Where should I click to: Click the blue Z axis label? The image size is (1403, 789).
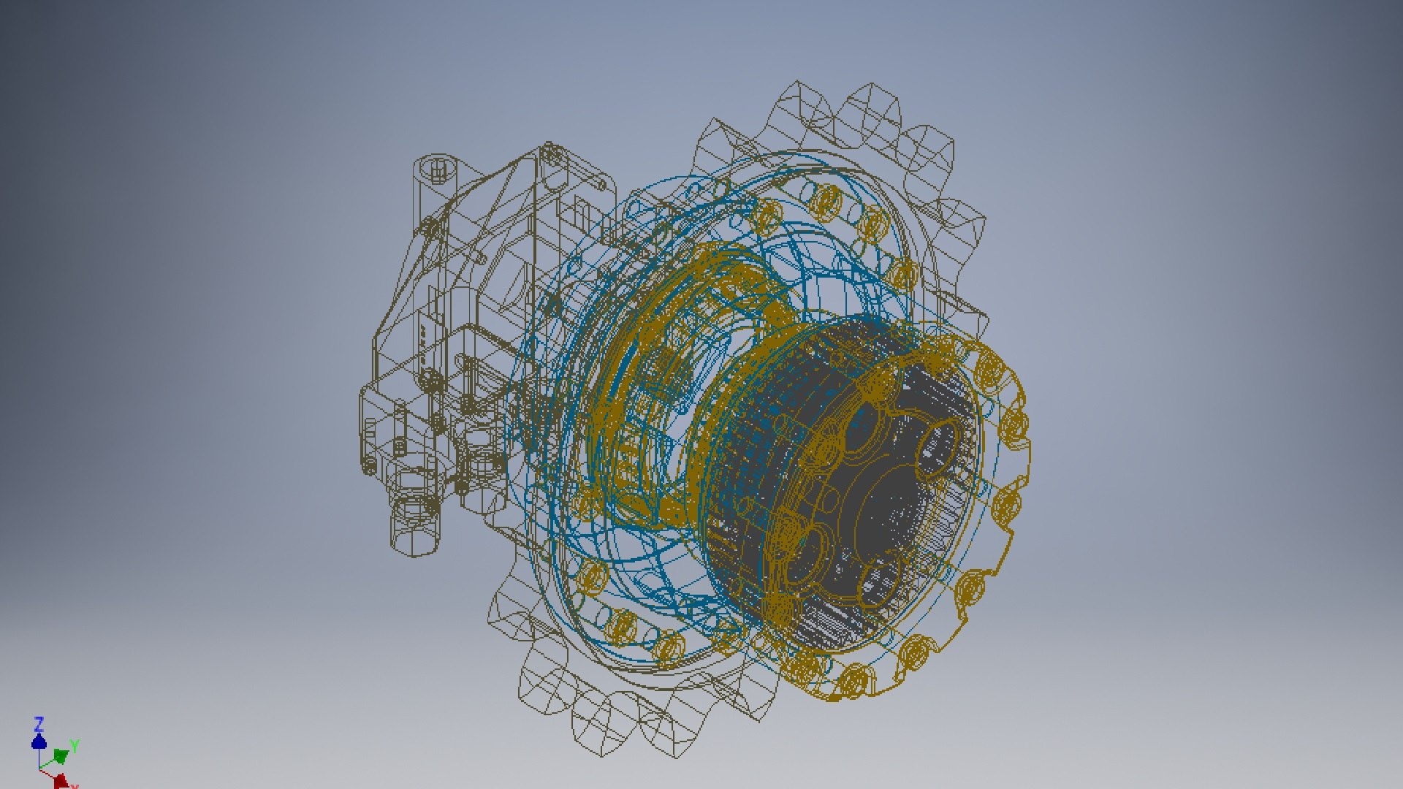(x=39, y=724)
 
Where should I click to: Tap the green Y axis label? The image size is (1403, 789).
(x=75, y=746)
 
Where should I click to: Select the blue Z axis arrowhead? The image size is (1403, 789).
(x=39, y=742)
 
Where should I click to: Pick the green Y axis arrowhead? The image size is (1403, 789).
(x=61, y=755)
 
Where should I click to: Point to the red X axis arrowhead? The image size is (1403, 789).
(x=61, y=781)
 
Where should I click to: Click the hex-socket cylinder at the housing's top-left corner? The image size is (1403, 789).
(x=438, y=172)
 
